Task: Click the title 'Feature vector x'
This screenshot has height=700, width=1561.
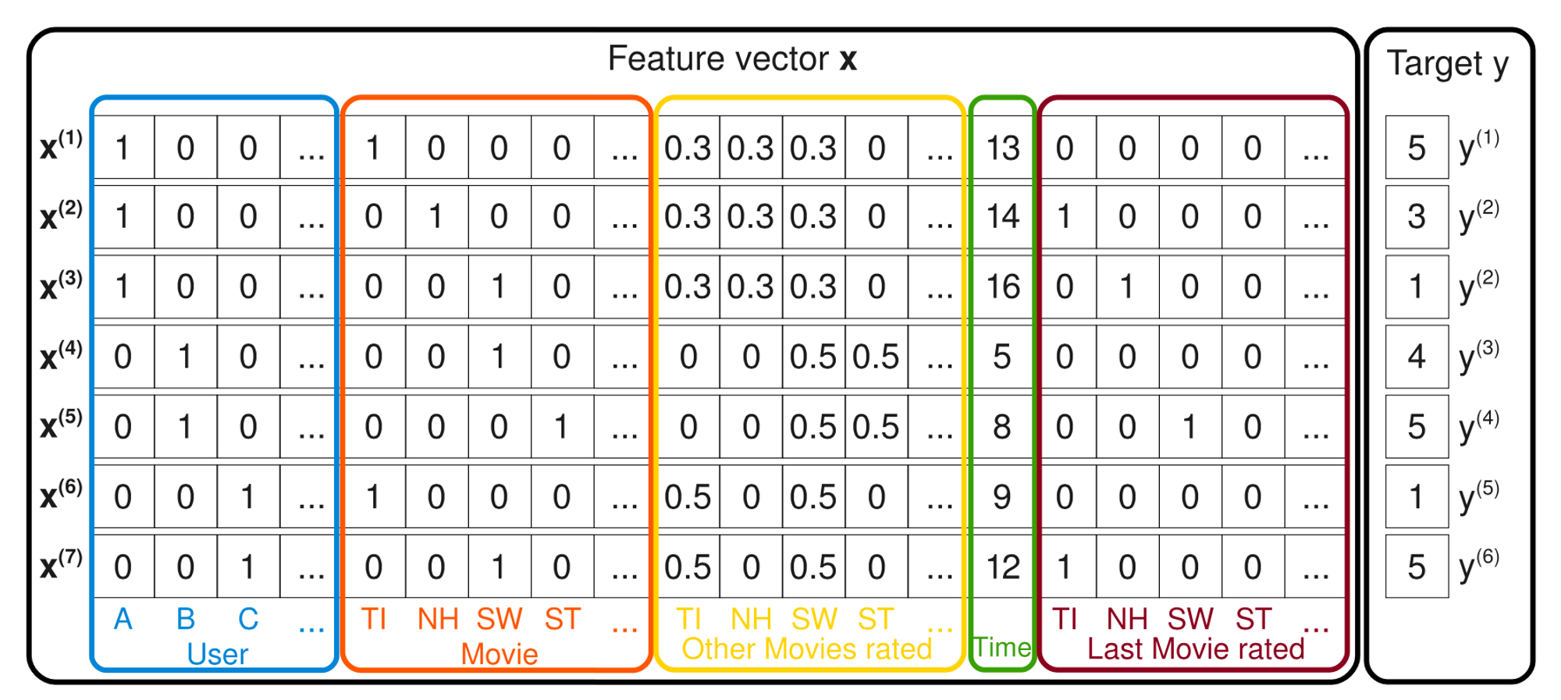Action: (732, 59)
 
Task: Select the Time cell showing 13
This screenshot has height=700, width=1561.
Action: (1003, 147)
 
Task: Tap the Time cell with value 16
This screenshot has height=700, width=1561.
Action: (1003, 286)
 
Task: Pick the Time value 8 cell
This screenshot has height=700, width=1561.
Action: (1002, 427)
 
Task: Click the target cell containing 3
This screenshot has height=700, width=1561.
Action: (1417, 216)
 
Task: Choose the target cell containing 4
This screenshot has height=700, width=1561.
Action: (1417, 357)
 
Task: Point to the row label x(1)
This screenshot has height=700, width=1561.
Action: (61, 146)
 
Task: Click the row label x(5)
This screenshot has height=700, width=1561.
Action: (61, 425)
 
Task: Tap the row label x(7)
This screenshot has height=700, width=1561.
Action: (61, 565)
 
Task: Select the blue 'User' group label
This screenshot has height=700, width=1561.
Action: (217, 654)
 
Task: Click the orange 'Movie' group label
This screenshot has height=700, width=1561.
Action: (500, 654)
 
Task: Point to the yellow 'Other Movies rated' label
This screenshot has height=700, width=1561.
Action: (807, 648)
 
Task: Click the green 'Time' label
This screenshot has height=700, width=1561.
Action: (1002, 647)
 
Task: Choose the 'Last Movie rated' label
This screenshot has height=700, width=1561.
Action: (1196, 648)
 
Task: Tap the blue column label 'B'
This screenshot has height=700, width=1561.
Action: (185, 619)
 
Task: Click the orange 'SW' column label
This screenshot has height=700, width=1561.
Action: (500, 619)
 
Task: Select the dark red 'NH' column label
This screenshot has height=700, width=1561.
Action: (1127, 619)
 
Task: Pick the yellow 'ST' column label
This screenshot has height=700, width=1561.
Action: (876, 619)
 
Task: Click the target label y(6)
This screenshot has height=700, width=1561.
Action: (1479, 565)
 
